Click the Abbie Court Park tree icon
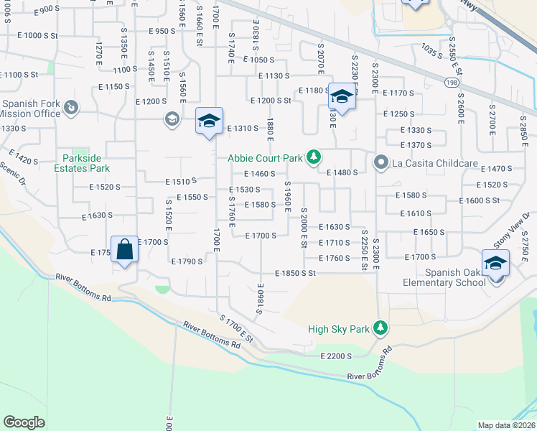313,157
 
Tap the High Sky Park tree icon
380,329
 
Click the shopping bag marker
125,250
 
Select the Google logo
24,422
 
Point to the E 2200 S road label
336,356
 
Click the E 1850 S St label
296,274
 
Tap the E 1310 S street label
242,129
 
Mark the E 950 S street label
162,31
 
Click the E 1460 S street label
260,174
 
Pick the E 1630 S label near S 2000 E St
334,227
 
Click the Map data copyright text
506,425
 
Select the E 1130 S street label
274,75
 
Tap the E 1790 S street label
187,261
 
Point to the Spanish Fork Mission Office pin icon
70,108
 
